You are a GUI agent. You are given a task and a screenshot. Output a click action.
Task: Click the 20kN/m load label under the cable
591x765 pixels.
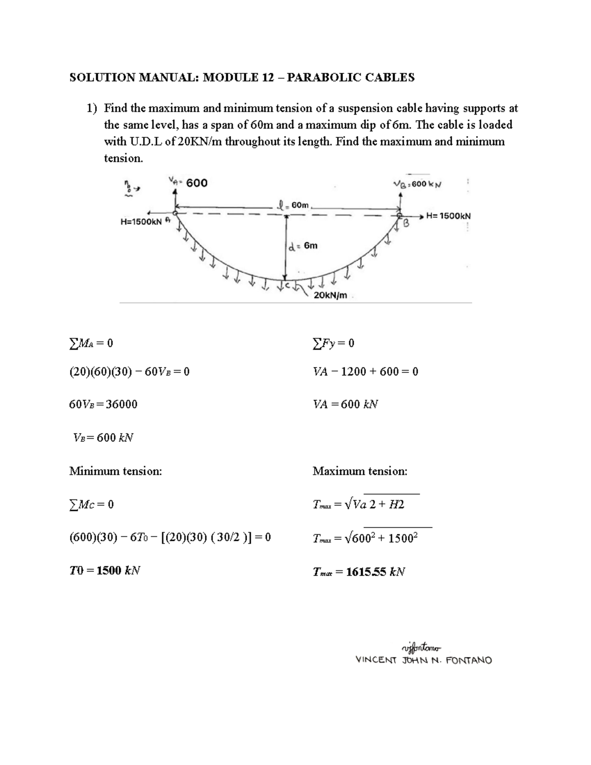point(330,296)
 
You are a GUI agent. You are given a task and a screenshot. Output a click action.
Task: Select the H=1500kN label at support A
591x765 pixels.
point(141,222)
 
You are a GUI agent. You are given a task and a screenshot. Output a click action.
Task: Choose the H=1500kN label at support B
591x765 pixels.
point(448,216)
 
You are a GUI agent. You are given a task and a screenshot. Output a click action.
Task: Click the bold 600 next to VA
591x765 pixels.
point(197,183)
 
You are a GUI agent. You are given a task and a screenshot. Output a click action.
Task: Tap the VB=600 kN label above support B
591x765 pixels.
point(418,184)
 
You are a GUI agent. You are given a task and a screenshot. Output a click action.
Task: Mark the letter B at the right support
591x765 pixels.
point(406,225)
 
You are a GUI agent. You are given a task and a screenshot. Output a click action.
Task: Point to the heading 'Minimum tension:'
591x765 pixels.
point(115,471)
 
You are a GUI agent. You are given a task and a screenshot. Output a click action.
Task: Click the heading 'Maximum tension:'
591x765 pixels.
point(360,471)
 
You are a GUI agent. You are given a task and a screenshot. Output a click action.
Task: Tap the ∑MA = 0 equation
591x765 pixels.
point(91,343)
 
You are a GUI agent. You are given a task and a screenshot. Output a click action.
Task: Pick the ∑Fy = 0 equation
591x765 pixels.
point(333,343)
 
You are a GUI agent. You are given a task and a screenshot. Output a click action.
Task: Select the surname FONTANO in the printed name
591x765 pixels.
point(468,661)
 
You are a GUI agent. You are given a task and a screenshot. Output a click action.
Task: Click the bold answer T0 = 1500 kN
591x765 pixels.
point(104,571)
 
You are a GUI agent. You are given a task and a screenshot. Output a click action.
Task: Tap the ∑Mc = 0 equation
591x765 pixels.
point(92,504)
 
